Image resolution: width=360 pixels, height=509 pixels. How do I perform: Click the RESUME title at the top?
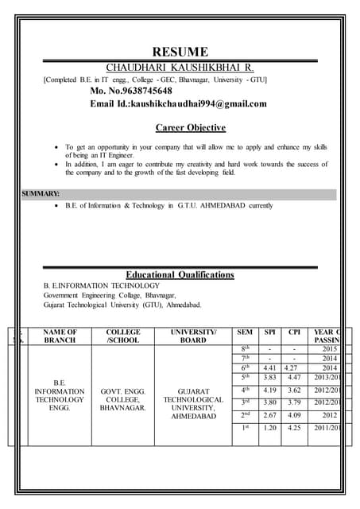[180, 52]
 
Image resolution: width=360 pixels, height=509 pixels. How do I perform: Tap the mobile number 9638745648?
[142, 91]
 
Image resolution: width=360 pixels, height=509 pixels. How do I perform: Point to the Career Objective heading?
[190, 127]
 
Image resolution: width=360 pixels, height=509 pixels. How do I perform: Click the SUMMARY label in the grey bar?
[41, 193]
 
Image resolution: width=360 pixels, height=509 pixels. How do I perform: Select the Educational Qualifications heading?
[180, 274]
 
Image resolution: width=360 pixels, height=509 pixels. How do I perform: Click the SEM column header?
[245, 332]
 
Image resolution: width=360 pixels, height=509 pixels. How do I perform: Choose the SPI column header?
[270, 332]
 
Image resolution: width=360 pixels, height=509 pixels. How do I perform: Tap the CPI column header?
[294, 332]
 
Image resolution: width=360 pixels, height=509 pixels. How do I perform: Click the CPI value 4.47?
[294, 379]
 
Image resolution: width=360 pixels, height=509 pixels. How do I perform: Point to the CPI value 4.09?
[294, 414]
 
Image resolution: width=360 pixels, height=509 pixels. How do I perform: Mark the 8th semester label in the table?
[245, 348]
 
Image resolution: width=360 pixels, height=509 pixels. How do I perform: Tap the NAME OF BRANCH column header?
[60, 336]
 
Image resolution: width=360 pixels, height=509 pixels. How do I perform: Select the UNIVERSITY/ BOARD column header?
[193, 336]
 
